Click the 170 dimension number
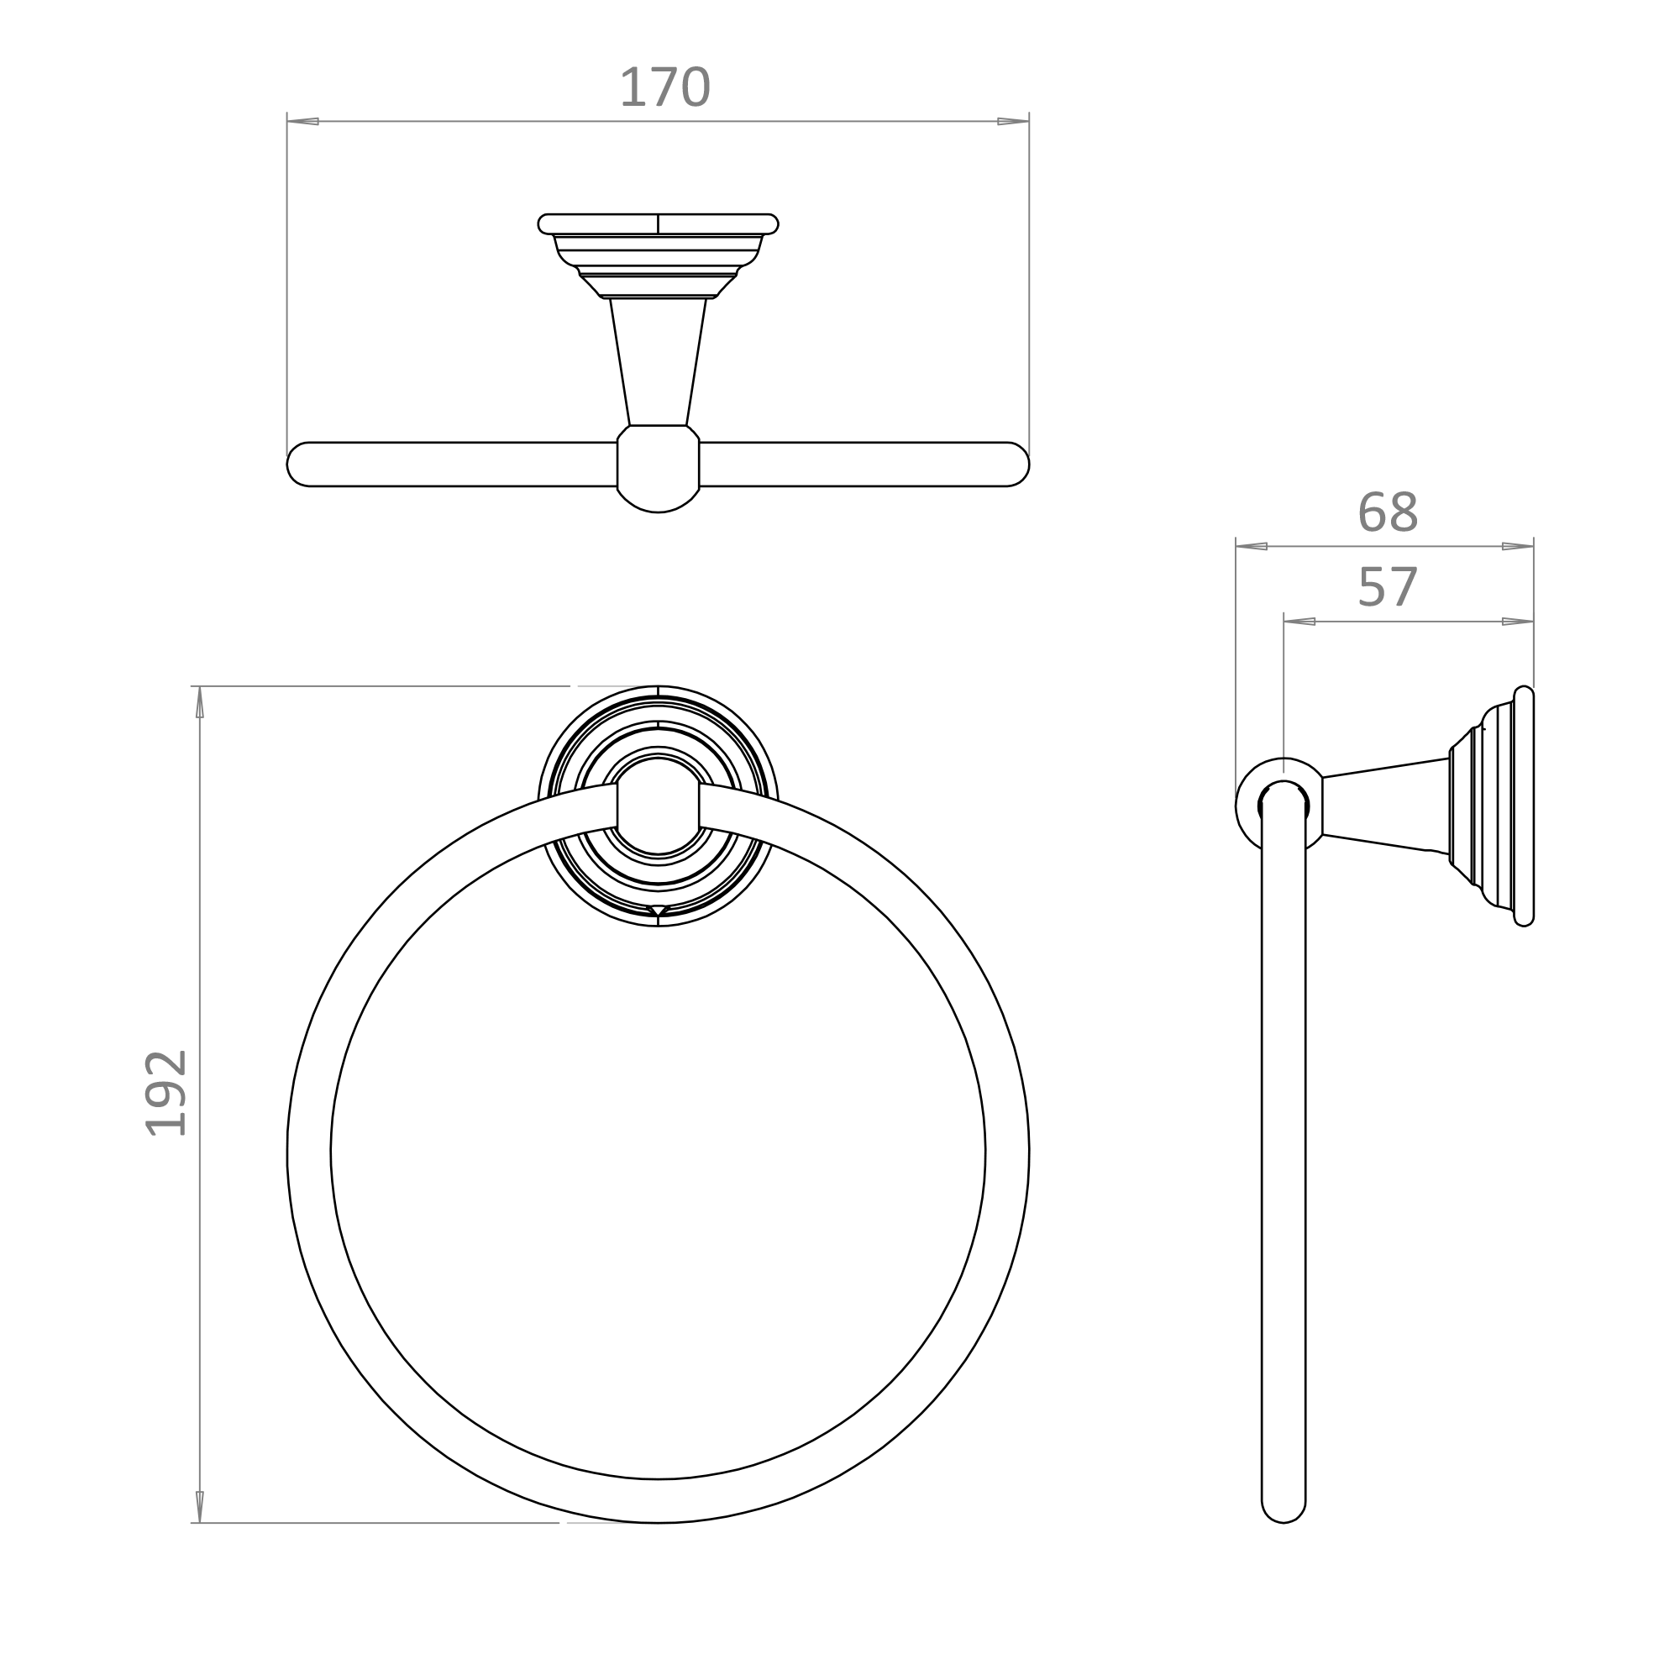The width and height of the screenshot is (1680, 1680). click(664, 88)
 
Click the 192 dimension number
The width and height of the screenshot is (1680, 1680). click(165, 1093)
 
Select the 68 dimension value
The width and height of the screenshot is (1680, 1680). click(1387, 513)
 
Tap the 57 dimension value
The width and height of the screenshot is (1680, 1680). click(1387, 588)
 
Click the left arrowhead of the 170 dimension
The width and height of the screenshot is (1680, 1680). click(302, 121)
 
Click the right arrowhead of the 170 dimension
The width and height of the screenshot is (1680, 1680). click(1013, 121)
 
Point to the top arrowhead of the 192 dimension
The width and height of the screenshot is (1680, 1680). click(200, 702)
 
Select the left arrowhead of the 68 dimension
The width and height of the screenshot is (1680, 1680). click(1252, 546)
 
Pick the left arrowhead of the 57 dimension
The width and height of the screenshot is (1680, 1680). click(1299, 621)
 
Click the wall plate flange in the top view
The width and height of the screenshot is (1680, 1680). click(658, 223)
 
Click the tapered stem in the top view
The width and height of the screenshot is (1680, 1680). click(658, 361)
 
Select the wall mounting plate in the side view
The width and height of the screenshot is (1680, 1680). click(1524, 806)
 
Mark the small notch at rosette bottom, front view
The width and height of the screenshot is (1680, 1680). click(658, 910)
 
